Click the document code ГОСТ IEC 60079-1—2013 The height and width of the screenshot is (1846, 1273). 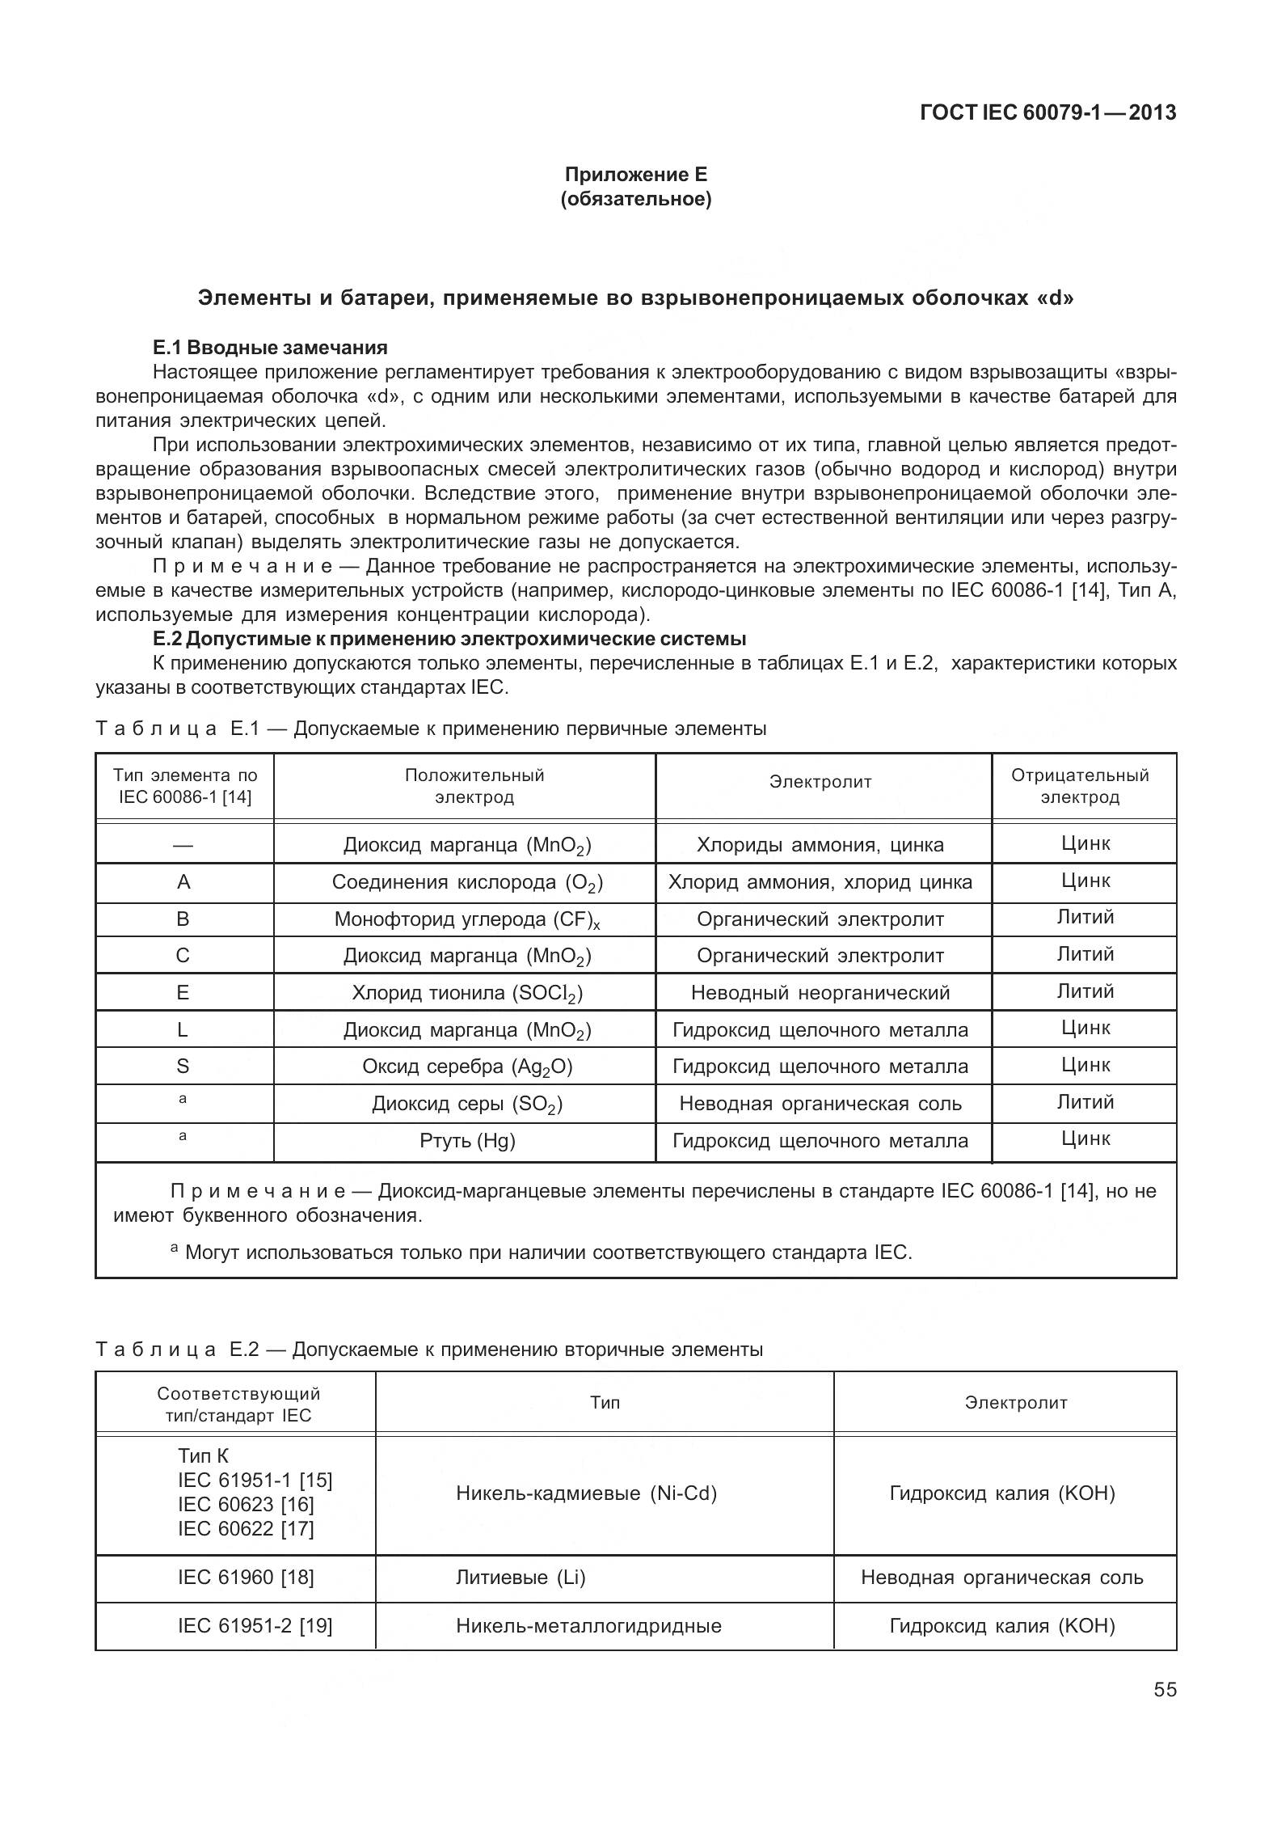tap(1047, 112)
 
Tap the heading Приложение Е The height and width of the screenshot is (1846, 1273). tap(635, 175)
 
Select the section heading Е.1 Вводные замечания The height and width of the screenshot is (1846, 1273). tap(270, 348)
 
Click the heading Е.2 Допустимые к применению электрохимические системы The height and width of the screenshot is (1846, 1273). tap(449, 639)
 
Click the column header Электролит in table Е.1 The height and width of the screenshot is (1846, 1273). tap(820, 782)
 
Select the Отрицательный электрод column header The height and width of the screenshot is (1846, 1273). tap(1080, 786)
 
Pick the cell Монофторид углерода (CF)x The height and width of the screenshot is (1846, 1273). tap(466, 920)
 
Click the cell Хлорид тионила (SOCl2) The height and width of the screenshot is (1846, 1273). tap(466, 993)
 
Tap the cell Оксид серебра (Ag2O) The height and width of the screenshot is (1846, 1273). tap(466, 1067)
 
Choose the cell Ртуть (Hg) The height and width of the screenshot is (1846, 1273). tap(466, 1141)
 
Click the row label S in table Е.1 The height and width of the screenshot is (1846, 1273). tap(183, 1067)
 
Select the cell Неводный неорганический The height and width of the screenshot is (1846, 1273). tap(820, 993)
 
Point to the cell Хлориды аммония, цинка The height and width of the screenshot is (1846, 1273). tap(820, 845)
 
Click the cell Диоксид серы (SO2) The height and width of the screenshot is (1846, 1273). tap(466, 1105)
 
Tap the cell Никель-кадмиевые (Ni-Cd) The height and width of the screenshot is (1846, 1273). tap(586, 1493)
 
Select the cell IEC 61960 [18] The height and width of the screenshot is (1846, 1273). tap(246, 1577)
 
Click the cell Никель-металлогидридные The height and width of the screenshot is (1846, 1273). tap(588, 1625)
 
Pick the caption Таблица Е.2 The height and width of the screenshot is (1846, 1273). tap(428, 1350)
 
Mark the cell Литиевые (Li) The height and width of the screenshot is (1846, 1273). tap(521, 1577)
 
